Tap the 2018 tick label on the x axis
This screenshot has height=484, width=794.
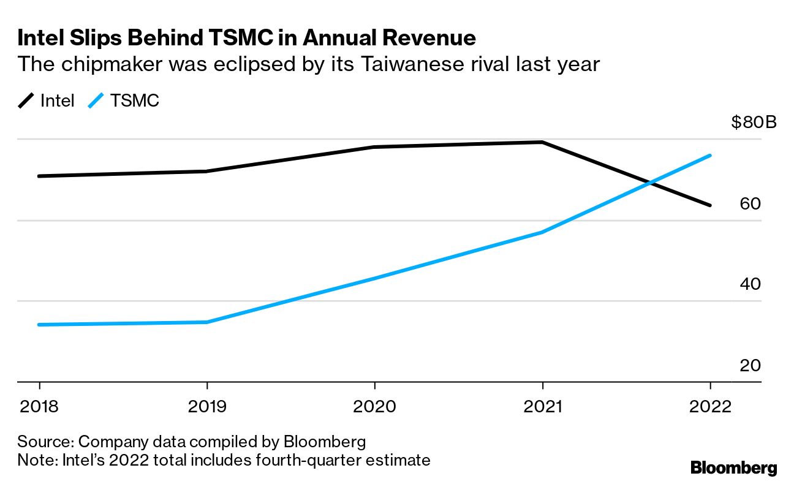(39, 407)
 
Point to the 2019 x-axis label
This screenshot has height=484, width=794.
(207, 407)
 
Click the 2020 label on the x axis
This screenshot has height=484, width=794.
(374, 407)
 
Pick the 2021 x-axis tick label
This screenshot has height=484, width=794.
(542, 407)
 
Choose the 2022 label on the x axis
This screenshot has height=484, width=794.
(710, 407)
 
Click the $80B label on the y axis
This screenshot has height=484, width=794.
(754, 122)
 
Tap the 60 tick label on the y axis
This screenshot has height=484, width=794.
(750, 203)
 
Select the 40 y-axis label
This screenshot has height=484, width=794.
(750, 284)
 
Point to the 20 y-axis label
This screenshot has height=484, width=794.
(750, 366)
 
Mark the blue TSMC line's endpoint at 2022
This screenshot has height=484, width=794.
(710, 156)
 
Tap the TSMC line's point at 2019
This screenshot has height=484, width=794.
(207, 322)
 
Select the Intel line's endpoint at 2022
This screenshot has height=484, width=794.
(710, 205)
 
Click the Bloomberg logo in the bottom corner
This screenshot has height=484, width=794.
(734, 467)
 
